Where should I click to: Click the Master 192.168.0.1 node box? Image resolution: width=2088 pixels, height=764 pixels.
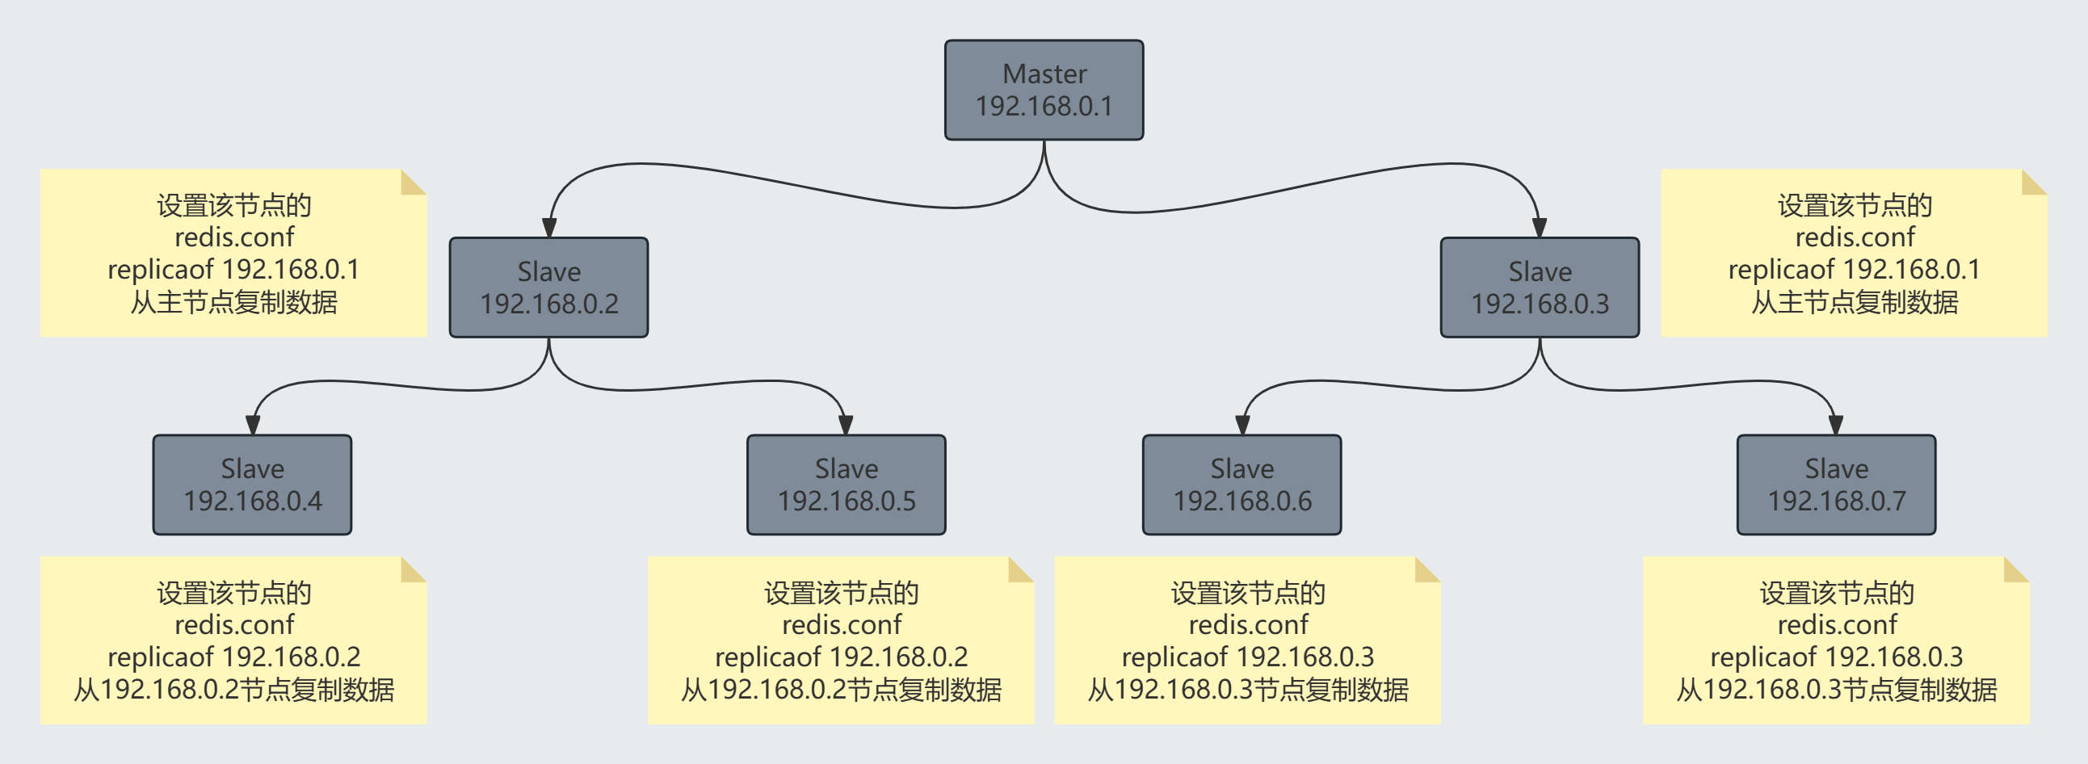(1044, 90)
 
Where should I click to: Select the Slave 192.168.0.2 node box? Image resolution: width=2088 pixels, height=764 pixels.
(548, 288)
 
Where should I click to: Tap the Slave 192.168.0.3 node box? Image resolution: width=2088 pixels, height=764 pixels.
(1540, 288)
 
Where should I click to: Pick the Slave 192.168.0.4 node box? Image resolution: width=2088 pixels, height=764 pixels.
(252, 485)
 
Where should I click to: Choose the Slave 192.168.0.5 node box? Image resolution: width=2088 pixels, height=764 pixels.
(847, 485)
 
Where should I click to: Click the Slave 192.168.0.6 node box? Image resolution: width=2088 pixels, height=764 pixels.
(1241, 485)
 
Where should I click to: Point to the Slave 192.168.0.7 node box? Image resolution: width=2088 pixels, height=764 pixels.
(1836, 485)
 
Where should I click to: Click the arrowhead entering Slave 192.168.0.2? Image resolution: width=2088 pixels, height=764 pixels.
(548, 228)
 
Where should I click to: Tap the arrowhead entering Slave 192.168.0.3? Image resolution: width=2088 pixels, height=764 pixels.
(1540, 228)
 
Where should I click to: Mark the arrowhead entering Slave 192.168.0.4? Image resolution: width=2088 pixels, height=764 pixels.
(252, 426)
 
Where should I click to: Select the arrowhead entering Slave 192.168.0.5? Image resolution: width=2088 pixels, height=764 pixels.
(846, 426)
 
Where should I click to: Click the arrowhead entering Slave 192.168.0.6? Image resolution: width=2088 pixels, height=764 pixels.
(1241, 426)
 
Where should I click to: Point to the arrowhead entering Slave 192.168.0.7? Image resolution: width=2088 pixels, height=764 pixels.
(1836, 426)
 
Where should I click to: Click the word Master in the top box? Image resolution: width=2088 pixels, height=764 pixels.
(1044, 73)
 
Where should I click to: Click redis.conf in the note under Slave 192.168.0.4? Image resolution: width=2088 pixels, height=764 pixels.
(234, 624)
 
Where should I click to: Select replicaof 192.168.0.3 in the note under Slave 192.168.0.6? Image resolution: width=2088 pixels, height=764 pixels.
(1247, 657)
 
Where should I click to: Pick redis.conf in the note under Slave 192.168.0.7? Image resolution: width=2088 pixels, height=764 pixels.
(1837, 624)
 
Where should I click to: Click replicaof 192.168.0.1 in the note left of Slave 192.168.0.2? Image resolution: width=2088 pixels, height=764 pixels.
(233, 269)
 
